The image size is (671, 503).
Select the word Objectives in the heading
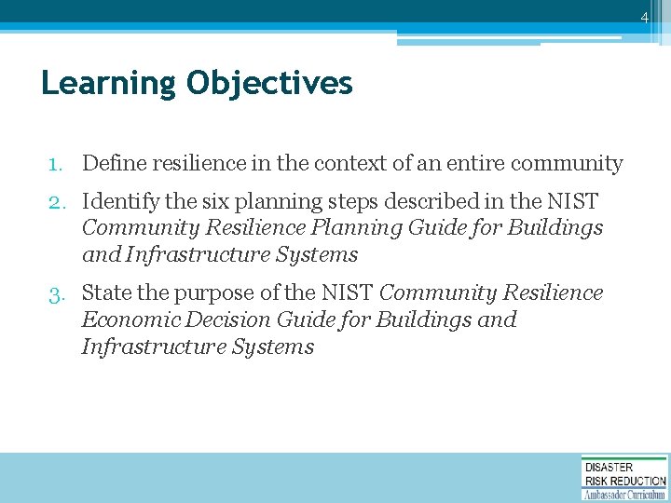click(x=269, y=85)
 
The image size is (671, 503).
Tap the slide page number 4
click(x=643, y=18)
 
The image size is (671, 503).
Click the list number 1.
click(x=57, y=164)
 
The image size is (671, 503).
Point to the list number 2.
click(x=57, y=201)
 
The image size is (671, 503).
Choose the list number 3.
click(x=57, y=293)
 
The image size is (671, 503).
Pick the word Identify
click(x=119, y=201)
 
